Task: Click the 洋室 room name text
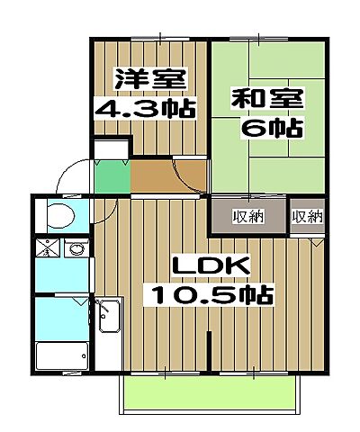pos(149,79)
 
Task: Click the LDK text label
pos(209,267)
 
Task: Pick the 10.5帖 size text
pos(212,295)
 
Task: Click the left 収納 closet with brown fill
pos(248,216)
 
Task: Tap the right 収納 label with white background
pos(307,216)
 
